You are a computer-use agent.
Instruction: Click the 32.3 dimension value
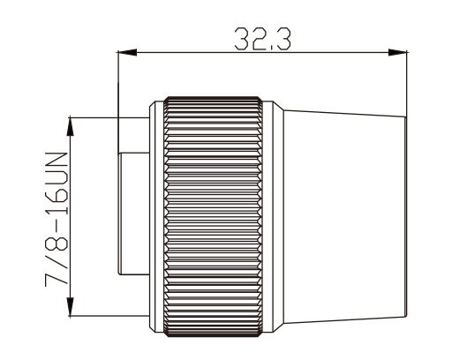[x=262, y=39]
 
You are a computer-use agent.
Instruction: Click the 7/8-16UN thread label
[x=56, y=220]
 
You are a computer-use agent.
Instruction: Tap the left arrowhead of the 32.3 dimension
[x=127, y=53]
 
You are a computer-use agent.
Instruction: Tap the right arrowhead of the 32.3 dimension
[x=397, y=53]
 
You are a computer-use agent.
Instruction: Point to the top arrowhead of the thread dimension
[x=71, y=127]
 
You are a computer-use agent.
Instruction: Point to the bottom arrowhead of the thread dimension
[x=71, y=306]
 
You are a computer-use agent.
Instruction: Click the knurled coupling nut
[x=214, y=216]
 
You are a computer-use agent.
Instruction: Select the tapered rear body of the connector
[x=345, y=216]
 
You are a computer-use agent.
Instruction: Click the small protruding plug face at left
[x=133, y=214]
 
